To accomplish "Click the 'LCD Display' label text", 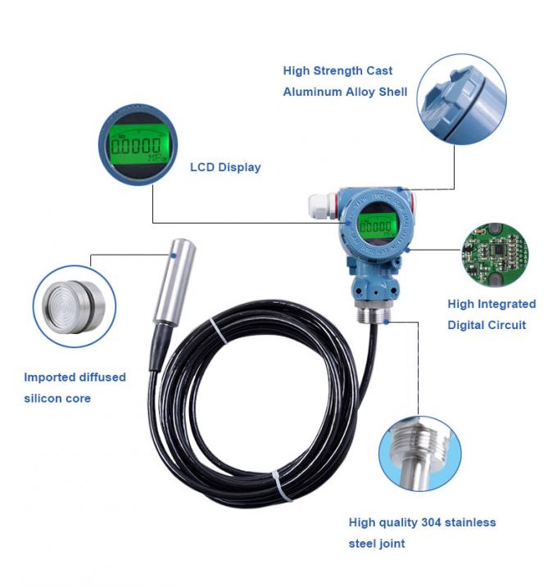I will point(225,167).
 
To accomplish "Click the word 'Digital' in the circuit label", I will point(469,325).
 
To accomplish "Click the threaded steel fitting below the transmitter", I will point(376,314).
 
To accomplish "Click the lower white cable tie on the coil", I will point(282,488).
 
